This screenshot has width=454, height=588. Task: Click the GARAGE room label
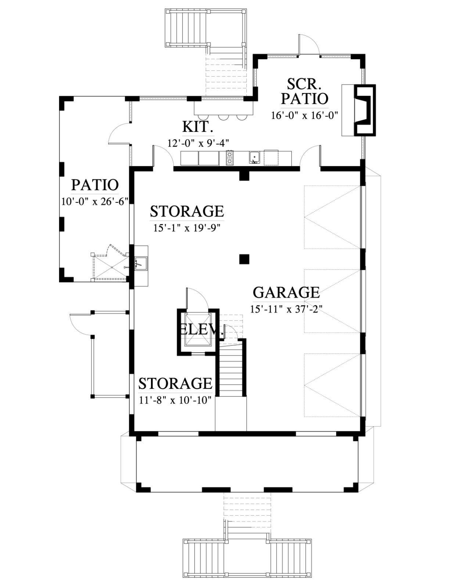click(287, 293)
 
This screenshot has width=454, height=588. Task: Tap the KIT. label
click(198, 127)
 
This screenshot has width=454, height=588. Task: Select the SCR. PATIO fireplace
click(365, 110)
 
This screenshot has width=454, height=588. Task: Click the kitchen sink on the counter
click(255, 158)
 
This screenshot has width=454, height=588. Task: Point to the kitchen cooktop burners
click(230, 158)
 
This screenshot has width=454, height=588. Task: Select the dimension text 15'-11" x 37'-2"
click(287, 309)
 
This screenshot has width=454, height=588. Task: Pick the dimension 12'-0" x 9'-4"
click(198, 143)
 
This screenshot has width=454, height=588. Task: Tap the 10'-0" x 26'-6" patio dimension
click(95, 201)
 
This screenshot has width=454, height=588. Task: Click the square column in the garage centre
click(244, 259)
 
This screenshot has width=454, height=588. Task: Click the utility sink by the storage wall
click(141, 263)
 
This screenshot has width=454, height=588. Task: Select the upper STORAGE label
click(187, 211)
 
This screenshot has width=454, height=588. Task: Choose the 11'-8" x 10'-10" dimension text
click(175, 400)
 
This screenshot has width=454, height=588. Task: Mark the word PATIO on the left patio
click(95, 185)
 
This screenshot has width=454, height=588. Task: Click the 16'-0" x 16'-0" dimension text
click(305, 116)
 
